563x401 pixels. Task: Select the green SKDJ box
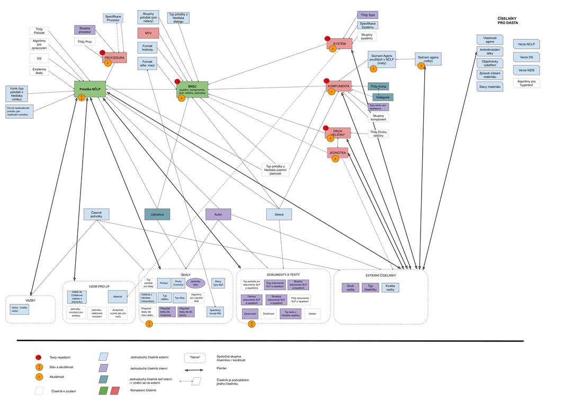click(192, 89)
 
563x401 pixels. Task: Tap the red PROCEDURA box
click(114, 57)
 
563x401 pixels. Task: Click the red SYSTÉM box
click(339, 43)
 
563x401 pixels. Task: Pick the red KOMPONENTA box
click(339, 86)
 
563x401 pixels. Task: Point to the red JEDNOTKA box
click(337, 153)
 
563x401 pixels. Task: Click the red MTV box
click(148, 33)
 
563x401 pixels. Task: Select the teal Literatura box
click(157, 214)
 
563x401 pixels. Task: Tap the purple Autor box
click(218, 214)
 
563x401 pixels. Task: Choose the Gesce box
click(279, 214)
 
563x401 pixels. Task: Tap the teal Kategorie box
click(383, 97)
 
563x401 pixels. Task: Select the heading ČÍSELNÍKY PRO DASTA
click(507, 21)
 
